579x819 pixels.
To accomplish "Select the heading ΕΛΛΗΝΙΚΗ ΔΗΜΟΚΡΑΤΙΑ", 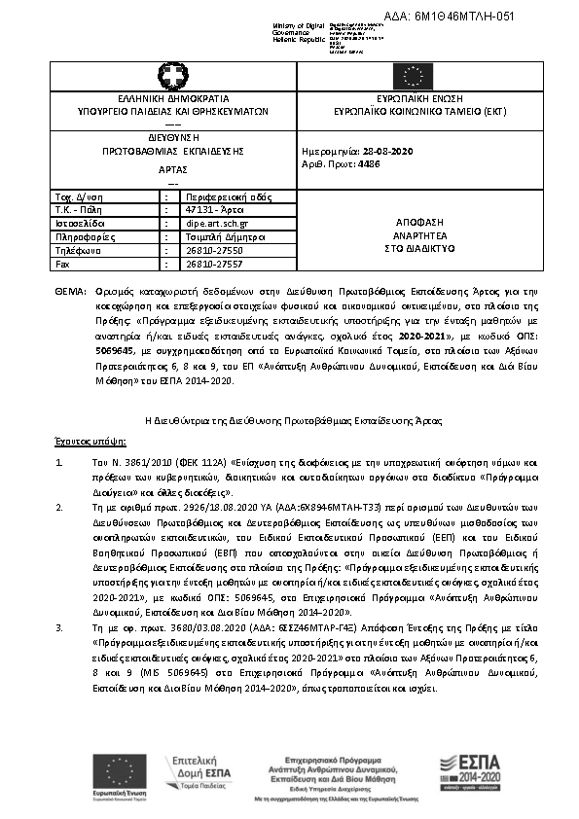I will point(172,99).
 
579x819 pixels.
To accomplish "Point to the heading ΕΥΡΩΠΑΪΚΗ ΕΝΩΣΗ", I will point(407,99).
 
